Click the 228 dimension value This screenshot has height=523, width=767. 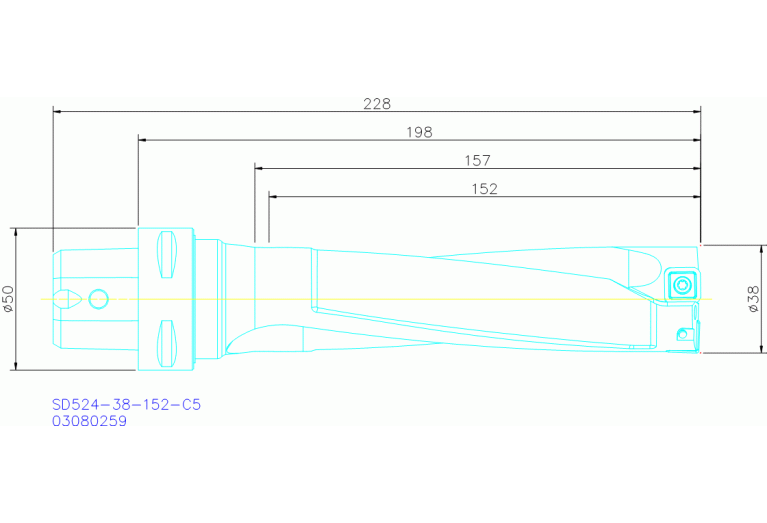coord(376,103)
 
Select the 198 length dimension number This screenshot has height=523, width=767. coord(420,132)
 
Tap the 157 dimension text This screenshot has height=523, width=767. coord(477,160)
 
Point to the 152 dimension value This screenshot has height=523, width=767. coord(484,188)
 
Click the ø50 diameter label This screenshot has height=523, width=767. coord(8,298)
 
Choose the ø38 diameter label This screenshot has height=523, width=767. coord(755,297)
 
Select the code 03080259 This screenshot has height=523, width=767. coord(90,421)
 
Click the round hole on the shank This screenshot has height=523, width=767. coord(98,298)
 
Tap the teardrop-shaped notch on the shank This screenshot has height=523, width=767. coord(68,298)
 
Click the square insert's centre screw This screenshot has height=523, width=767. coord(682,283)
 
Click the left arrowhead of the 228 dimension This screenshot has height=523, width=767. coord(57,111)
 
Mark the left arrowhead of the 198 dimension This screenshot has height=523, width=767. coord(142,140)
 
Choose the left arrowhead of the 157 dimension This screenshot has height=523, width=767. coord(259,168)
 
